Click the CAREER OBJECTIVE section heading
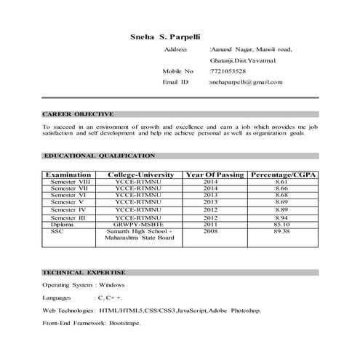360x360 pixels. pos(78,114)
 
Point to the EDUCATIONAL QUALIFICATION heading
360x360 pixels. pos(98,156)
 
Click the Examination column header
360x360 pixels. pos(68,175)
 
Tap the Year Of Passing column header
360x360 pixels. pos(215,175)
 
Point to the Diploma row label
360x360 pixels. pos(63,224)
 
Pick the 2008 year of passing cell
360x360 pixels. pos(211,231)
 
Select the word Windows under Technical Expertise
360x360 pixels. pos(112,285)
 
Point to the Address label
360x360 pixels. pos(176,49)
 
